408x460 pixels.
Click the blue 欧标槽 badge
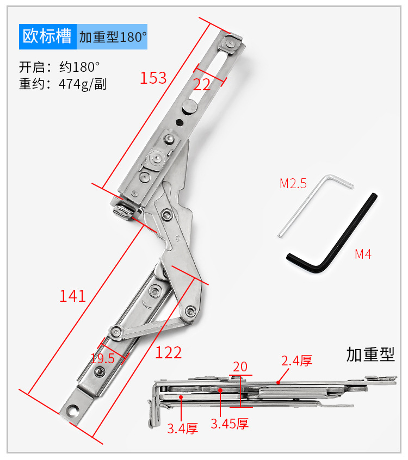pos(47,37)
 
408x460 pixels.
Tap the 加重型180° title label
pos(113,38)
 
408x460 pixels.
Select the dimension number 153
pos(153,78)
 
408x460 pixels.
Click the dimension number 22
pos(202,84)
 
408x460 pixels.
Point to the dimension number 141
pos(73,296)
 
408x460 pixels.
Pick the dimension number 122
pos(168,352)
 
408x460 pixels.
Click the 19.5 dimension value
pos(103,358)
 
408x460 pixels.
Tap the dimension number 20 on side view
pos(240,366)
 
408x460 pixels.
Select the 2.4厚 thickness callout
pos(296,360)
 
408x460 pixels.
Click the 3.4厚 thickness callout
pos(182,428)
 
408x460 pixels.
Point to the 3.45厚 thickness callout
pos(230,424)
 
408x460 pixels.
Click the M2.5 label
pos(293,183)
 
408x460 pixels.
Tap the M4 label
pos(363,253)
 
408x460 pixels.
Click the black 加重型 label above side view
pos(370,355)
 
